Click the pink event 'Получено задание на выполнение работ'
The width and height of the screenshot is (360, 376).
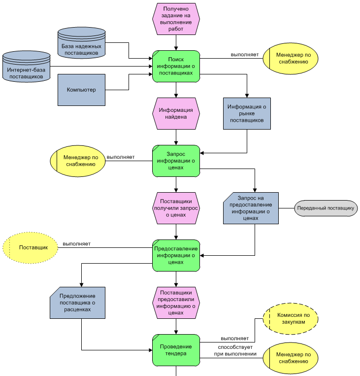tap(176, 19)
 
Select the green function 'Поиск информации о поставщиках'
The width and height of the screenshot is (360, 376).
tap(176, 66)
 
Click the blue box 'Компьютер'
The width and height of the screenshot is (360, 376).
tap(81, 90)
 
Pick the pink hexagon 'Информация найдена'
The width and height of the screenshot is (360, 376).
tap(176, 114)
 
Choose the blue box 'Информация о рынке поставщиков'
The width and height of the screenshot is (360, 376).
tap(247, 113)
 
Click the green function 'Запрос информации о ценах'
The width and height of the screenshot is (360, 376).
tap(176, 161)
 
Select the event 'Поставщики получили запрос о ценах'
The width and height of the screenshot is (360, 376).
tap(176, 208)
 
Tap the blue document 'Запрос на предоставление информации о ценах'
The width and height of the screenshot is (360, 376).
tap(251, 208)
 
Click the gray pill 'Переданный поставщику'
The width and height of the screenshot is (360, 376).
tap(326, 208)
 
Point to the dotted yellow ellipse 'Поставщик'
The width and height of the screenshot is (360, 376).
tap(31, 247)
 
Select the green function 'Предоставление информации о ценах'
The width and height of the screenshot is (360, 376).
tap(176, 255)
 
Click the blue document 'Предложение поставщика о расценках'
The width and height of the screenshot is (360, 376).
tap(77, 303)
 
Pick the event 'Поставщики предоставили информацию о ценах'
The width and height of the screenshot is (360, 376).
tap(176, 303)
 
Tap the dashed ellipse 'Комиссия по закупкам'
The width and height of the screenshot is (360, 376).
tap(291, 318)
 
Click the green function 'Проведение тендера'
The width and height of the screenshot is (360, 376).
tap(176, 350)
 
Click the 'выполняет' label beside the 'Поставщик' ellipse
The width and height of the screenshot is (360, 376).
tap(76, 244)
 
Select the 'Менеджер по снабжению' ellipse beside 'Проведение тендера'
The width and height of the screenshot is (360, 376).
tap(291, 358)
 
